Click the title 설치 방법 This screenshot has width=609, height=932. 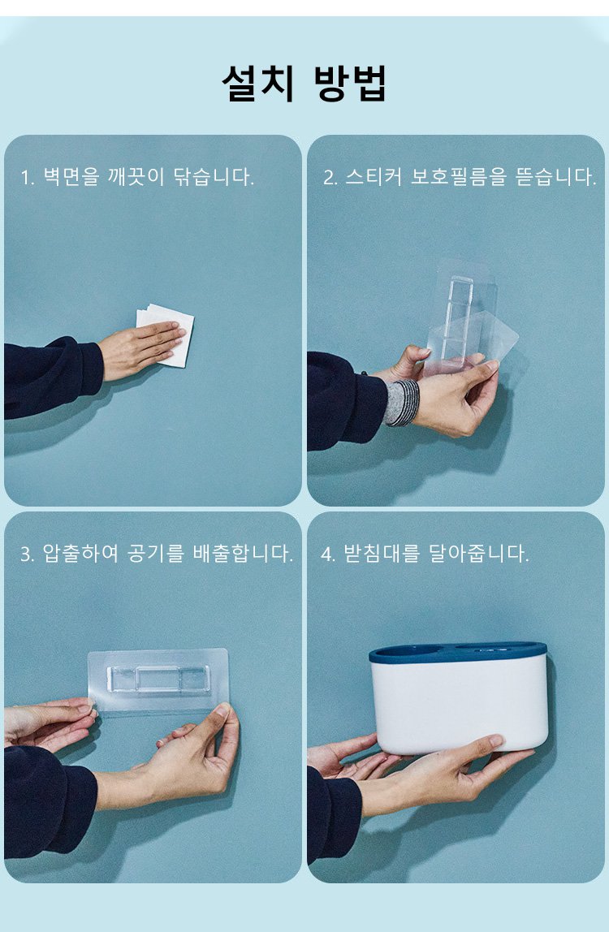(x=304, y=83)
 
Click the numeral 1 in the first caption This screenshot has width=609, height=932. (x=26, y=177)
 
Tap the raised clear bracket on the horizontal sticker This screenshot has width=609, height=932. (x=158, y=679)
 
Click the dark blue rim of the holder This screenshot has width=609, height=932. (x=458, y=651)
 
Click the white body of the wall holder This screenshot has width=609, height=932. (x=459, y=705)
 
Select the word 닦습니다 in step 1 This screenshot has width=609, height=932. (x=210, y=176)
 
